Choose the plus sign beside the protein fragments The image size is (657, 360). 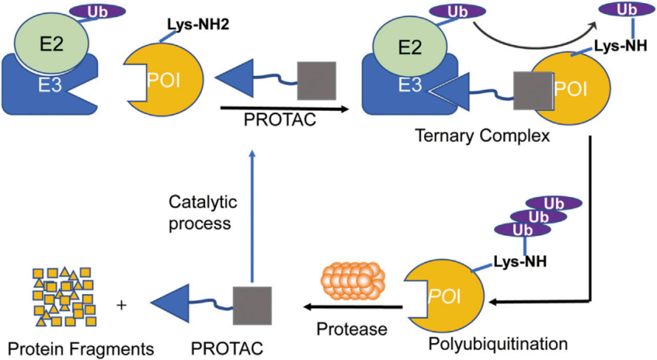tap(121, 303)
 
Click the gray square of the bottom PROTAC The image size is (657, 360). tap(252, 304)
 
